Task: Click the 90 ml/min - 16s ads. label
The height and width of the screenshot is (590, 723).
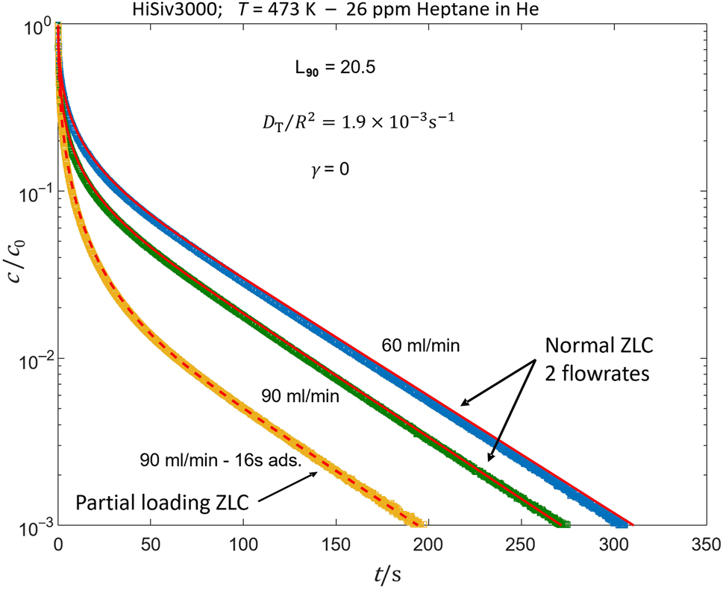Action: coord(221,460)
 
